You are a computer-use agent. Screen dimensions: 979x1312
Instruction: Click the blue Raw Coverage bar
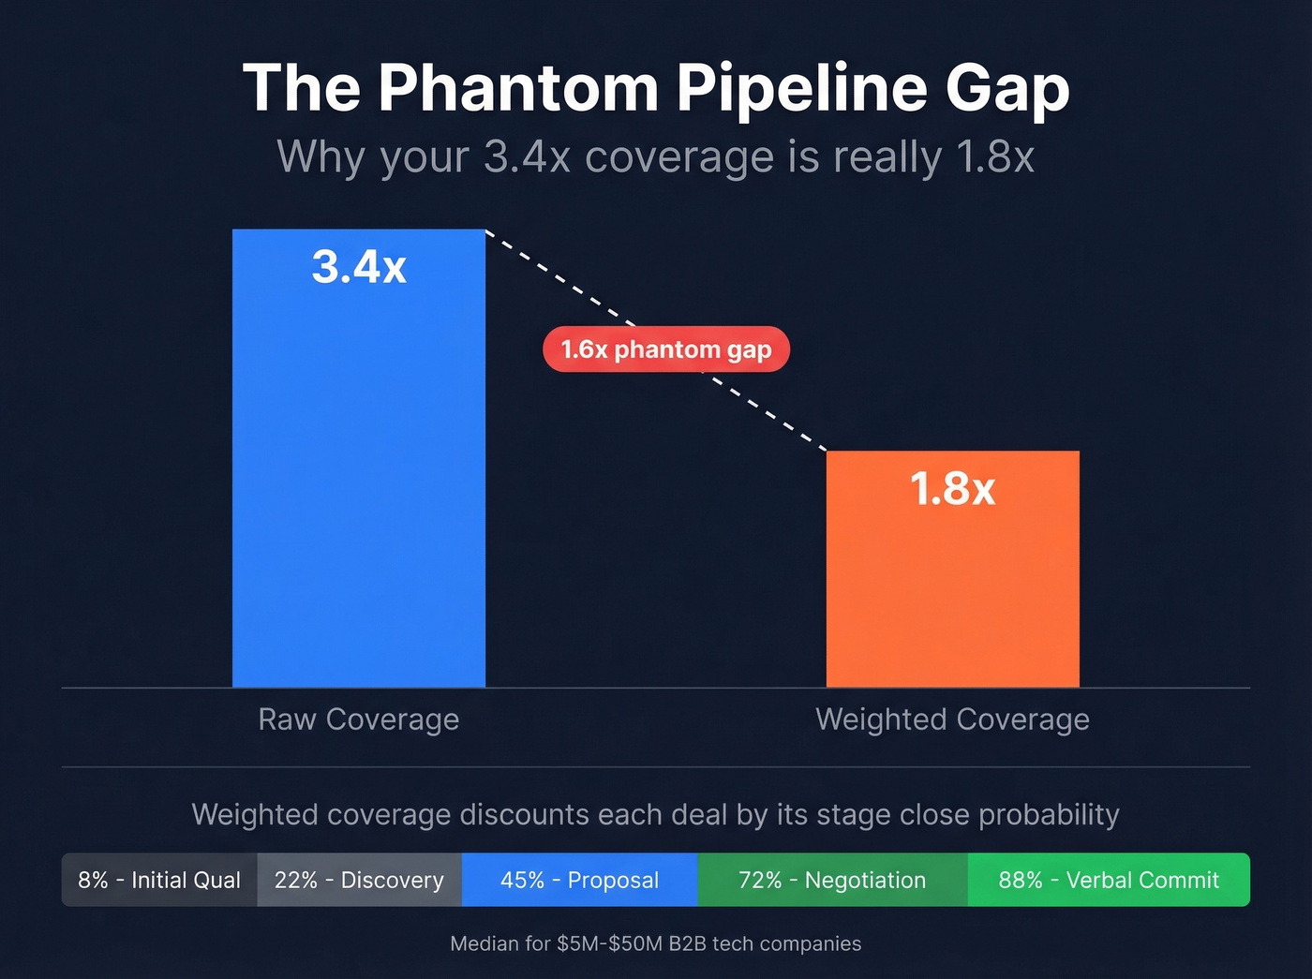pyautogui.click(x=359, y=487)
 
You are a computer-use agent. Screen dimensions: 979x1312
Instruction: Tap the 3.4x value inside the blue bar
pyautogui.click(x=359, y=267)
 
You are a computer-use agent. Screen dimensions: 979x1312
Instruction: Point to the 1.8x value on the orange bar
pyautogui.click(x=952, y=489)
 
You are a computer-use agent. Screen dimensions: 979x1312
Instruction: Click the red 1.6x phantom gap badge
pyautogui.click(x=666, y=349)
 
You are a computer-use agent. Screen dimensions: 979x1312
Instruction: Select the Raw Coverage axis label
pyautogui.click(x=359, y=719)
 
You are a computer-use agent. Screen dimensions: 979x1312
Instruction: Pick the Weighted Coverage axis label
pyautogui.click(x=952, y=719)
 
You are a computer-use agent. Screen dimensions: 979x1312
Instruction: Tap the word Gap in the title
pyautogui.click(x=1006, y=88)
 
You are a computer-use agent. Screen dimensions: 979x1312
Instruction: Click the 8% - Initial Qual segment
pyautogui.click(x=159, y=881)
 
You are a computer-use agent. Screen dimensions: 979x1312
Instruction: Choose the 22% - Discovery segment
pyautogui.click(x=359, y=881)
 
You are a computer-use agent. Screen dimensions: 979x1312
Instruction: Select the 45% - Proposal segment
pyautogui.click(x=579, y=881)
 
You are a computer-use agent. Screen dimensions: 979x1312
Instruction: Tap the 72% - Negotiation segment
pyautogui.click(x=832, y=881)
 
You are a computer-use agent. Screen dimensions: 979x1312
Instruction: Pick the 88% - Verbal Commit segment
pyautogui.click(x=1109, y=881)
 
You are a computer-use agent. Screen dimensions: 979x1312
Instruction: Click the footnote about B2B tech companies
pyautogui.click(x=656, y=943)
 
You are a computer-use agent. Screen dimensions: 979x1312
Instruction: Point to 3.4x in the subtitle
pyautogui.click(x=527, y=157)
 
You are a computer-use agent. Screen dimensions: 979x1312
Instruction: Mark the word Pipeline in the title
pyautogui.click(x=802, y=88)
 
